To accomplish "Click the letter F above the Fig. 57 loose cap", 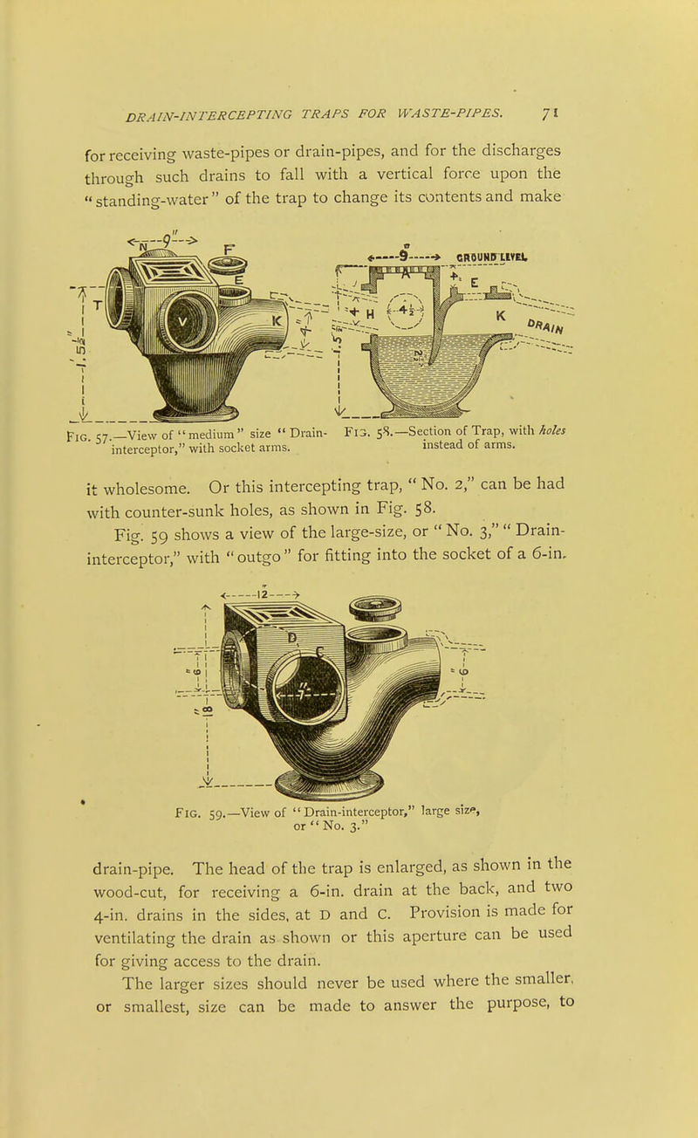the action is coord(229,249).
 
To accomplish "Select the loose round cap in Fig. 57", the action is coord(227,265).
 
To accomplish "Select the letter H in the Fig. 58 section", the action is coord(370,314).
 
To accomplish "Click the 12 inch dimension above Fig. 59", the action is coord(263,594).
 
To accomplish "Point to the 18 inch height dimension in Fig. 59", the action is coord(209,709).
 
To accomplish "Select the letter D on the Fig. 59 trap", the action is coord(292,638).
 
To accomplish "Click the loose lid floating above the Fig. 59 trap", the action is coord(375,607).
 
